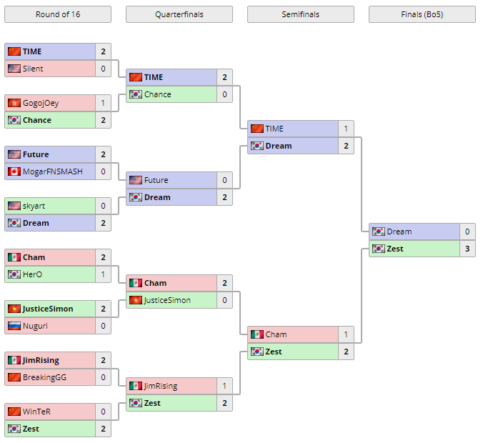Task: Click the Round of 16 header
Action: [x=57, y=14]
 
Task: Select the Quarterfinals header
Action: [x=179, y=14]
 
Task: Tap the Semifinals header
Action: [x=300, y=14]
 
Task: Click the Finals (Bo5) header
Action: [x=422, y=14]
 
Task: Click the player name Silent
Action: [x=33, y=69]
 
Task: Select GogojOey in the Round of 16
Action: [x=41, y=103]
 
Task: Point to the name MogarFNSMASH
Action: [x=52, y=171]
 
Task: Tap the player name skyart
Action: [x=34, y=206]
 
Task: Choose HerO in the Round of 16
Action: [x=33, y=274]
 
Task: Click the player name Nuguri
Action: [x=34, y=326]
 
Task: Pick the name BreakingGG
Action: [x=44, y=377]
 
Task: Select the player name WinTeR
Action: [x=36, y=412]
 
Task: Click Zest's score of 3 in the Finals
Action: [x=467, y=249]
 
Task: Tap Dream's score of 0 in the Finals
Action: [x=467, y=232]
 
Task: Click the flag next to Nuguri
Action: [x=14, y=326]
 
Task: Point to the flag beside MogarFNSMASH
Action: [x=14, y=171]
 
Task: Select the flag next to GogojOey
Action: [x=14, y=103]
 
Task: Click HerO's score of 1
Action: [x=103, y=274]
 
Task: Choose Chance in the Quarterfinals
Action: [x=157, y=94]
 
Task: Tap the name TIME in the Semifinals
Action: [x=274, y=129]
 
